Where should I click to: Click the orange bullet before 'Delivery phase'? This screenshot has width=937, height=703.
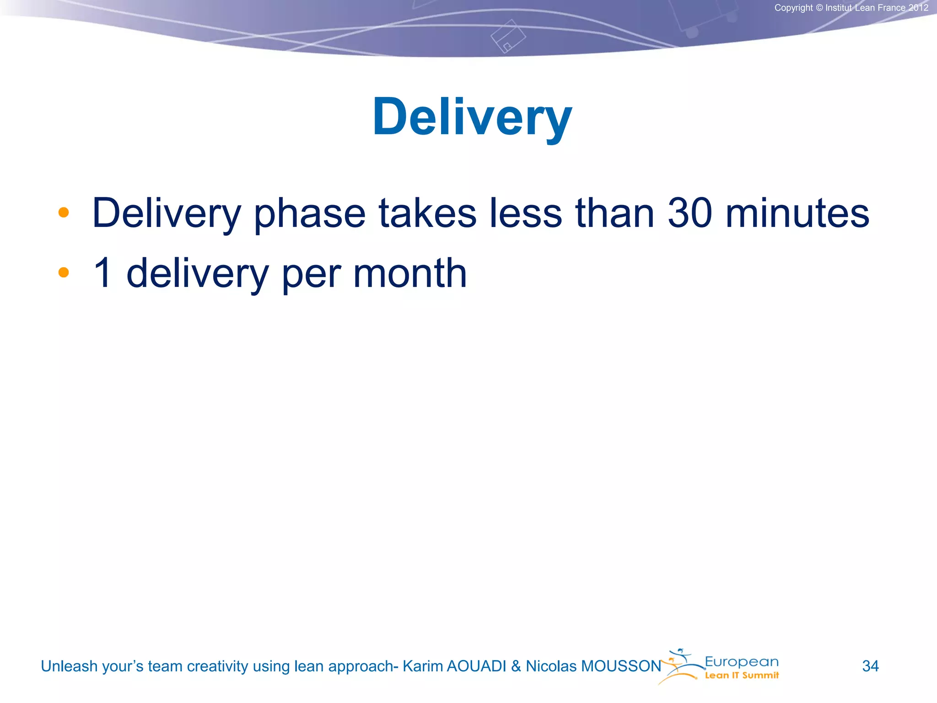coord(64,212)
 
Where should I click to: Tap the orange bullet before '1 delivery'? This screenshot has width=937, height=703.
coord(64,273)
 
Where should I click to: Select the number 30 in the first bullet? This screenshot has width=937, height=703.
coord(689,213)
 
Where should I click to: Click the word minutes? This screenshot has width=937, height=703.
coord(797,213)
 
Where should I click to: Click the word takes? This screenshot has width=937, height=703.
coord(427,213)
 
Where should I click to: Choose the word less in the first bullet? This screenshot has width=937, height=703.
coord(525,213)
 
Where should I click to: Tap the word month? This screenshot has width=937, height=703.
coord(410,273)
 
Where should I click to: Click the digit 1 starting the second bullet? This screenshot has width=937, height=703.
coord(102,273)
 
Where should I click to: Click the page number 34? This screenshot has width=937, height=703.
coord(870,666)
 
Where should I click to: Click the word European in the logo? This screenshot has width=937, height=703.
coord(741,662)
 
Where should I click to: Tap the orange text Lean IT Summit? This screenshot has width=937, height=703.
coord(742,676)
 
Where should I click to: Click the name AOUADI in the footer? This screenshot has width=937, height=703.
coord(476,666)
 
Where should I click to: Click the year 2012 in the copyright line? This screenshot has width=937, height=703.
coord(918,8)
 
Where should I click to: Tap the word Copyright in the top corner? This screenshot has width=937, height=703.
coord(793,8)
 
